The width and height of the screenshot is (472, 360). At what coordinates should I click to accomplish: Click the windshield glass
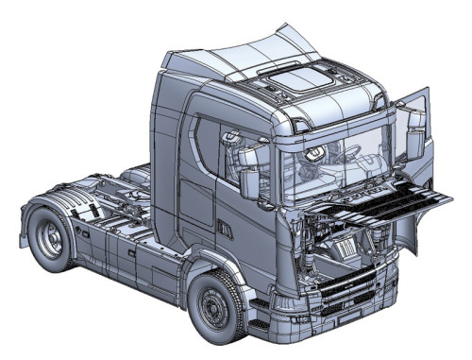point(330,161)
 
